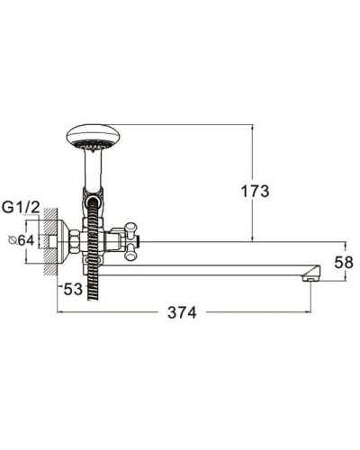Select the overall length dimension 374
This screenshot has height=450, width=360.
pos(184,312)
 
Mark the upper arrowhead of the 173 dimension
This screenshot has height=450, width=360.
pos(249,128)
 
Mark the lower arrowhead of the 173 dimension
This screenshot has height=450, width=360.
pos(249,238)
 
